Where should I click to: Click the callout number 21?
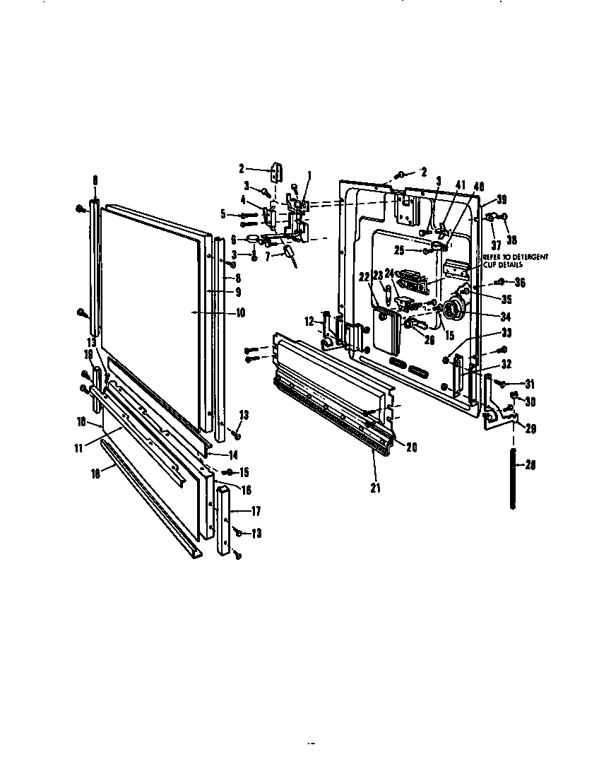375,488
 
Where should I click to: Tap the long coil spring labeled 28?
514,477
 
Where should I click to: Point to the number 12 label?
308,322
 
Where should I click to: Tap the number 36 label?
521,283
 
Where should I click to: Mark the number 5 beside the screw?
223,213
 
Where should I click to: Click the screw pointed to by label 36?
500,283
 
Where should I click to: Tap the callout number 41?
461,184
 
